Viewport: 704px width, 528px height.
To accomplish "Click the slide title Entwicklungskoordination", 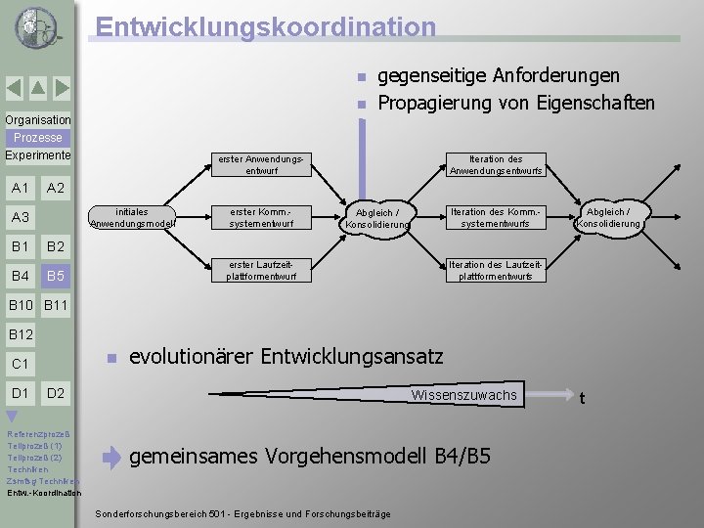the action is [x=266, y=26].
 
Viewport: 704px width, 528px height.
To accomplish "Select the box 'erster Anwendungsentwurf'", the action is [x=263, y=164].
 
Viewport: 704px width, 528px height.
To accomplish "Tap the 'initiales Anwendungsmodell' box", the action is [x=132, y=217].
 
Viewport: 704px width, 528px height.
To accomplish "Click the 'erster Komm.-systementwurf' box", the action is [x=263, y=217].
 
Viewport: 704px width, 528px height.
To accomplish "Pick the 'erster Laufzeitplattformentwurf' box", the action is [x=263, y=270].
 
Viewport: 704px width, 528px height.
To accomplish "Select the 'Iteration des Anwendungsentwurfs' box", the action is [x=496, y=164].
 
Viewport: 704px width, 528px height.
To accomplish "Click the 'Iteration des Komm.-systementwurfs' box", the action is [x=496, y=217].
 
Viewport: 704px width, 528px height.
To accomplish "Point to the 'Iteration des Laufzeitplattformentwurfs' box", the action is [x=496, y=270].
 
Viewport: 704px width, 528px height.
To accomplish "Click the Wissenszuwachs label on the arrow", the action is [x=463, y=395].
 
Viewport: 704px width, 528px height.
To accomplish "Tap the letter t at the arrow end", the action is [x=582, y=397].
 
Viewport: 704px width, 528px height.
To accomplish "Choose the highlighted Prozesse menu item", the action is [x=37, y=138].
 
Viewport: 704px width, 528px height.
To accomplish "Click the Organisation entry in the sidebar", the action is [x=37, y=120].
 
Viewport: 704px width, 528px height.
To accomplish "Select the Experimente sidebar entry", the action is [x=37, y=155].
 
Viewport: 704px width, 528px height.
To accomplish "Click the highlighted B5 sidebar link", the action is [x=56, y=276].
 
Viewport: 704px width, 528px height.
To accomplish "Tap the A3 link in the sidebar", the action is [x=20, y=217].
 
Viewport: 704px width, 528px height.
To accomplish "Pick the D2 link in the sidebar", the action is [x=56, y=393].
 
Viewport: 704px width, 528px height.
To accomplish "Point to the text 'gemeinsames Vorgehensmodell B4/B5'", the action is [x=310, y=456].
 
